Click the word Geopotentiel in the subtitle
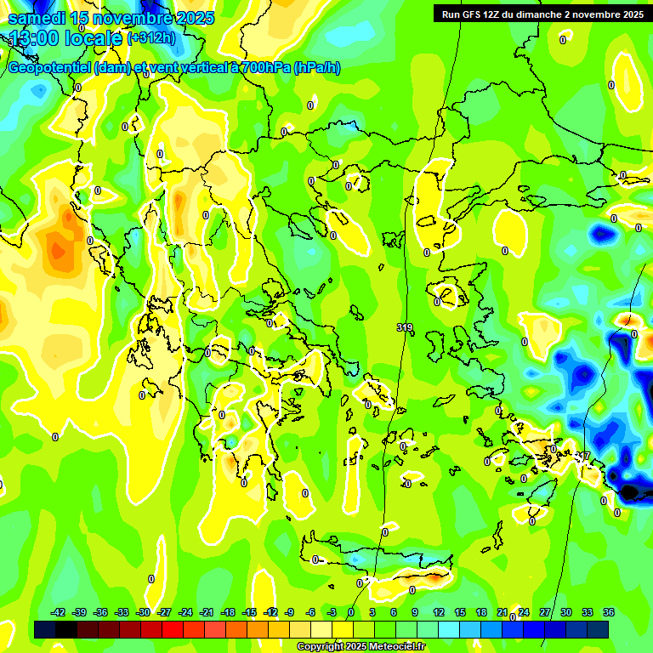click(51, 68)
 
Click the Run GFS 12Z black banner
click(539, 14)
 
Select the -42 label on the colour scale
click(59, 612)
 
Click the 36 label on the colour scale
click(609, 612)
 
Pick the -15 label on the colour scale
click(249, 612)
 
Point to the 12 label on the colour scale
click(439, 612)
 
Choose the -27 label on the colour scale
click(164, 612)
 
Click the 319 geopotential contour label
click(405, 327)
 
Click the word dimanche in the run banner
click(533, 14)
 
